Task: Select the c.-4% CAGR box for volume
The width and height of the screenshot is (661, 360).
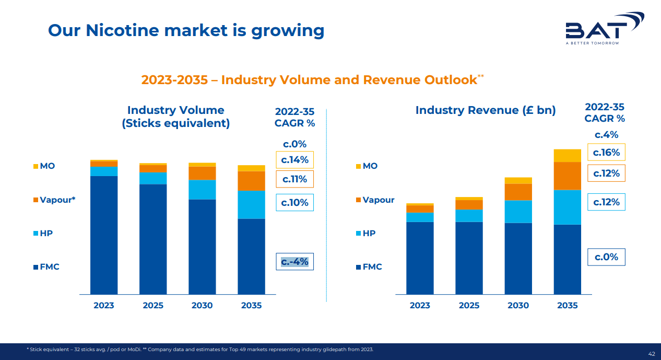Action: pos(294,261)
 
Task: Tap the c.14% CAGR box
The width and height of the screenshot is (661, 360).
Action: pos(294,160)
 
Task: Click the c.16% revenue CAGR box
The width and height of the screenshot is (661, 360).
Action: pos(606,152)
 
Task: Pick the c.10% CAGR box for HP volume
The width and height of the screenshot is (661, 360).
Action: pos(294,202)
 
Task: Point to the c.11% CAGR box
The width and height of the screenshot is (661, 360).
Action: pos(294,179)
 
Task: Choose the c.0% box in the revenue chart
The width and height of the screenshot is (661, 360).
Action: pos(606,257)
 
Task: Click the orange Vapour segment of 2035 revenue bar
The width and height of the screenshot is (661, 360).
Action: pos(567,176)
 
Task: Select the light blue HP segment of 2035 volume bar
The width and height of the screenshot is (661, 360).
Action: pos(251,204)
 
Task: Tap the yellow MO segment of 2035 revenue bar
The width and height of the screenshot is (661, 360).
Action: pos(567,155)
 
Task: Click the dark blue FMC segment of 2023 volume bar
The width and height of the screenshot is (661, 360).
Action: pos(104,235)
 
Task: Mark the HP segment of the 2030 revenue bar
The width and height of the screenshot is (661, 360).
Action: pos(518,211)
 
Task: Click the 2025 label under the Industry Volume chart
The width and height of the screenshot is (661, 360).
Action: pos(153,305)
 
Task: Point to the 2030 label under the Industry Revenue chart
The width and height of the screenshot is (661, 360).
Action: pos(518,305)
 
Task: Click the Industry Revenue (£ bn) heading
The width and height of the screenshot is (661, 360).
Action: pos(486,110)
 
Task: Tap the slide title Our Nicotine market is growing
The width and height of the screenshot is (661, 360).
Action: pos(186,30)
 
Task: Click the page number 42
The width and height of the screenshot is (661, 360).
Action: pos(651,354)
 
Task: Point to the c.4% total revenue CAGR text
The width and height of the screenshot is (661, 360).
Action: pos(606,135)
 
